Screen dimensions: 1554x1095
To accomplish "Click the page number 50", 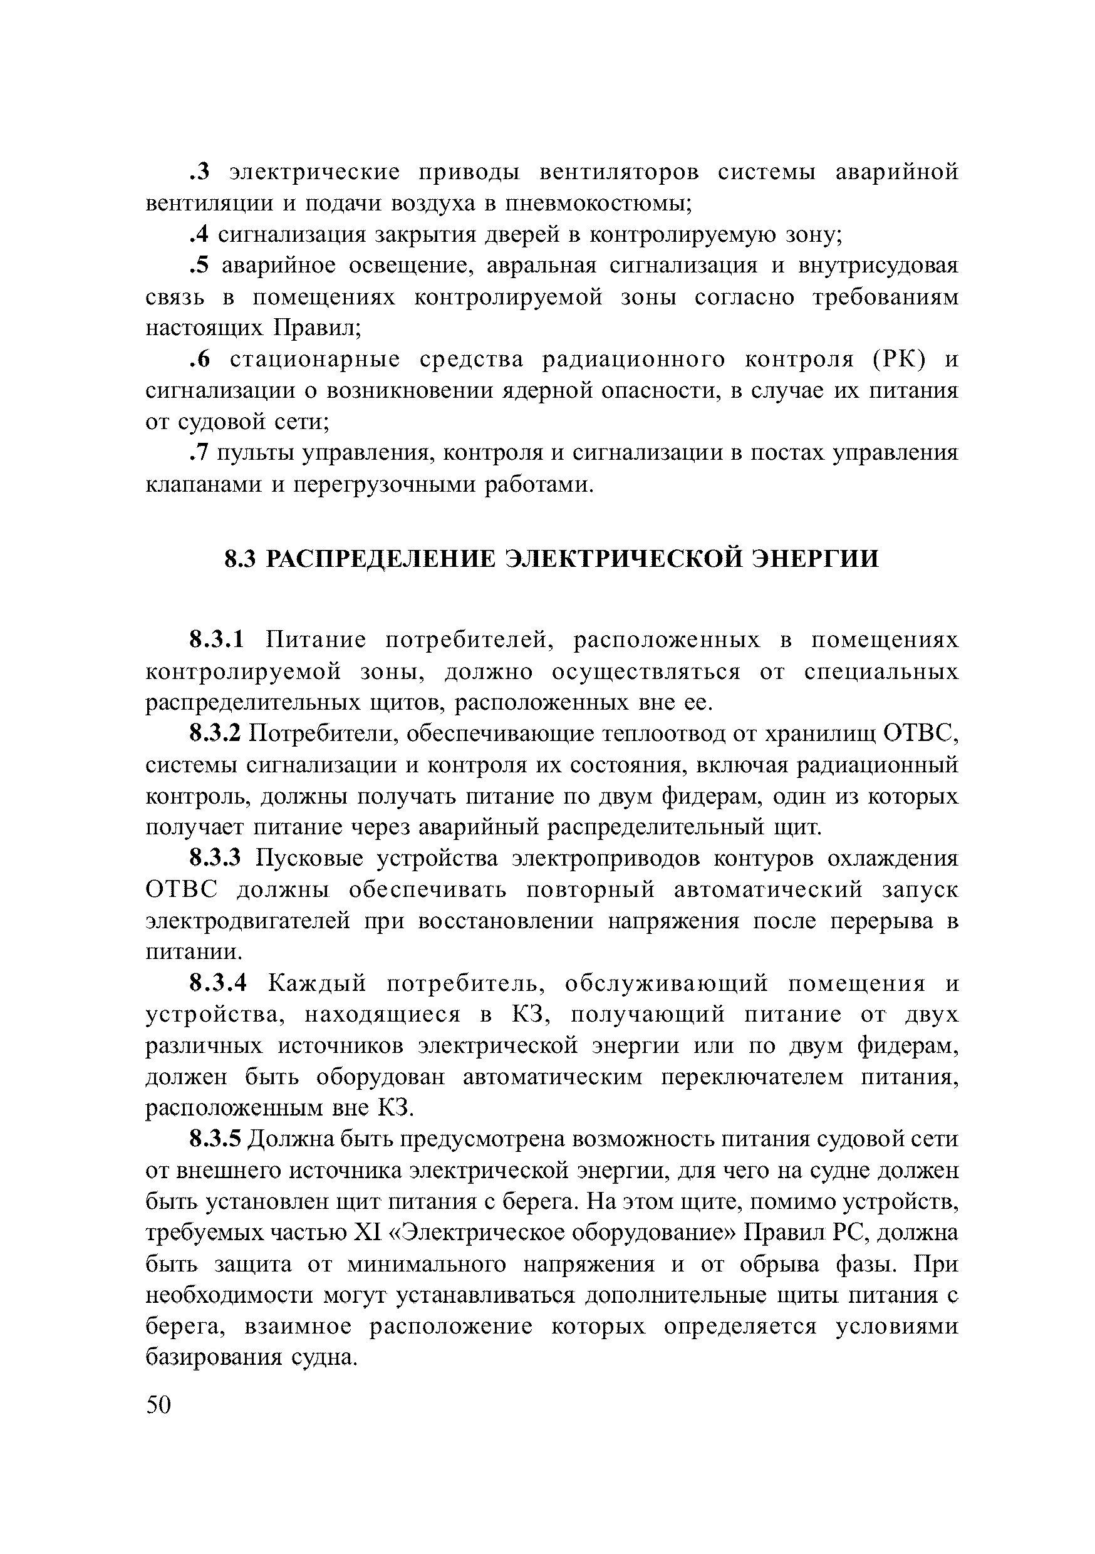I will coord(159,1405).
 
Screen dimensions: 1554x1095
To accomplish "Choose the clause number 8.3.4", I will coord(218,983).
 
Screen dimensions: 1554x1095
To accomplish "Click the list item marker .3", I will coord(200,173).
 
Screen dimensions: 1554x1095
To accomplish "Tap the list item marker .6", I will coord(200,360).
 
